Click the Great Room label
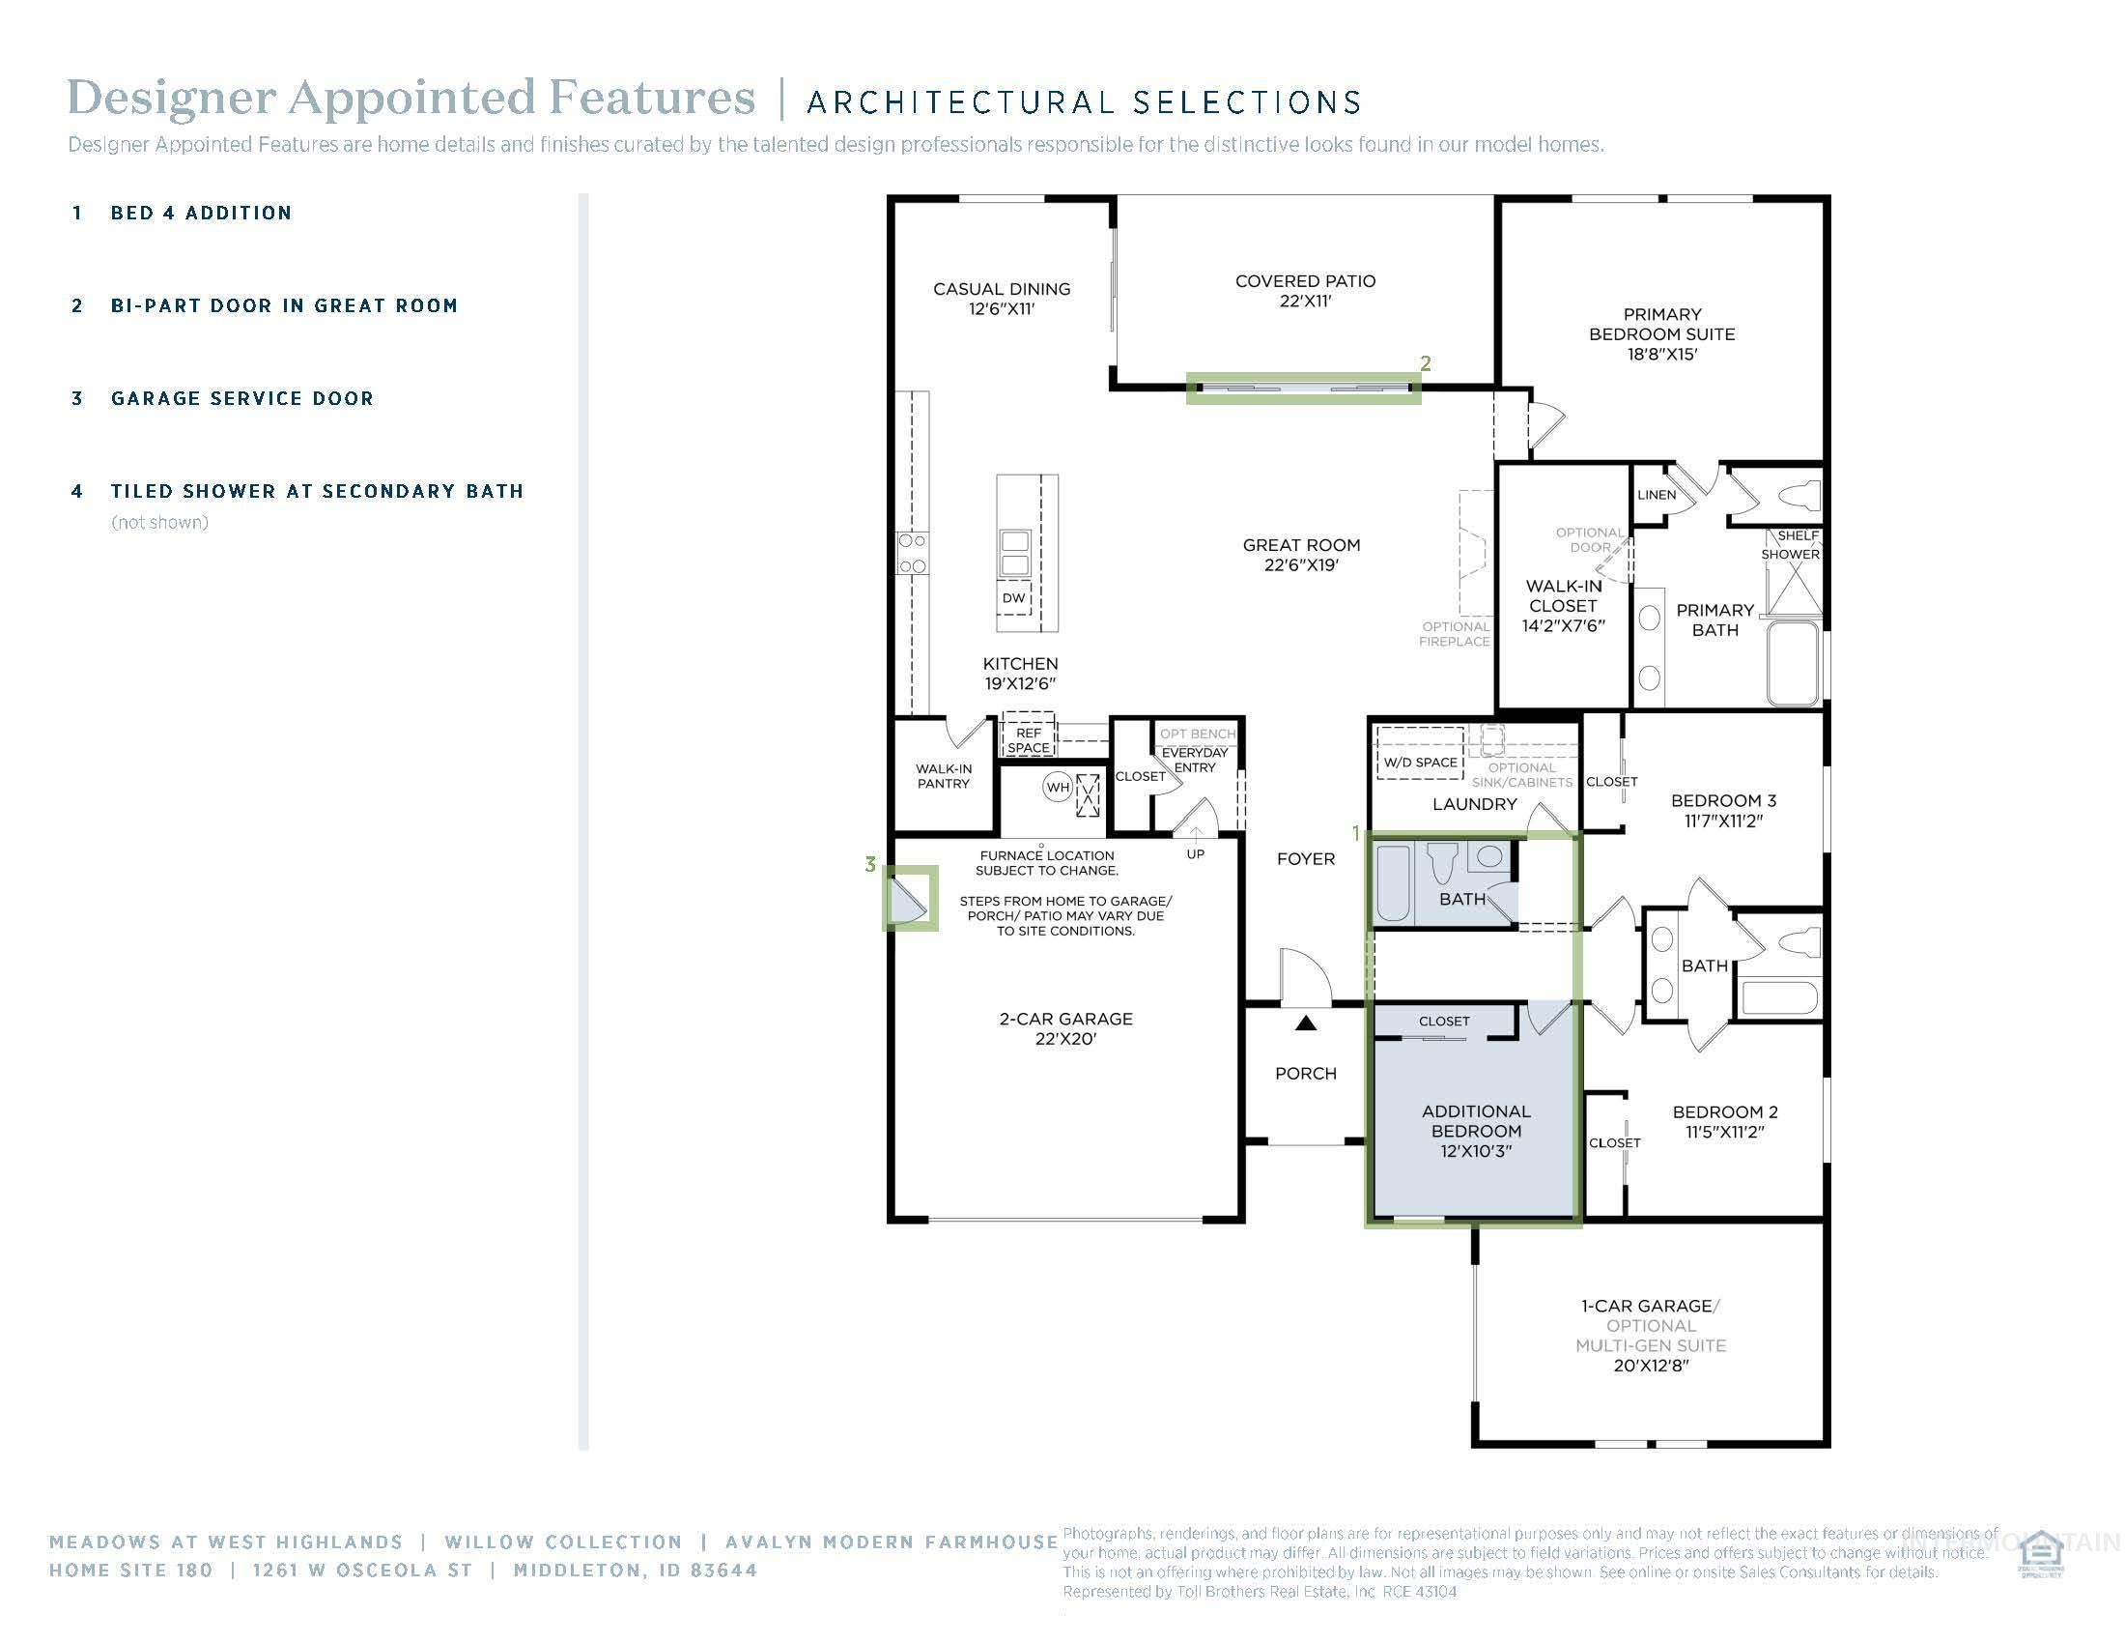click(1301, 554)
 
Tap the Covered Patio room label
click(1305, 290)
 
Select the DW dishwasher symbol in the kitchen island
click(1014, 597)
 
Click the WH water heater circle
click(1058, 787)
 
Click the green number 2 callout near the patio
click(1426, 363)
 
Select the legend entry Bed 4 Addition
click(201, 214)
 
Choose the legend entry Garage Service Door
click(242, 398)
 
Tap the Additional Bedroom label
click(1476, 1130)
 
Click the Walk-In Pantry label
click(943, 776)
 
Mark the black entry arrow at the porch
click(1306, 1023)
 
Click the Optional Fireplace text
click(1455, 634)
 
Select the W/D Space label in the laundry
click(1421, 763)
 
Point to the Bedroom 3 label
click(1723, 810)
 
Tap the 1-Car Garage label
click(1650, 1307)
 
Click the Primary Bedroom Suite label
click(1662, 333)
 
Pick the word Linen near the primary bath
click(1656, 495)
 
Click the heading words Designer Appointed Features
click(411, 98)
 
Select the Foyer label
click(1306, 858)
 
